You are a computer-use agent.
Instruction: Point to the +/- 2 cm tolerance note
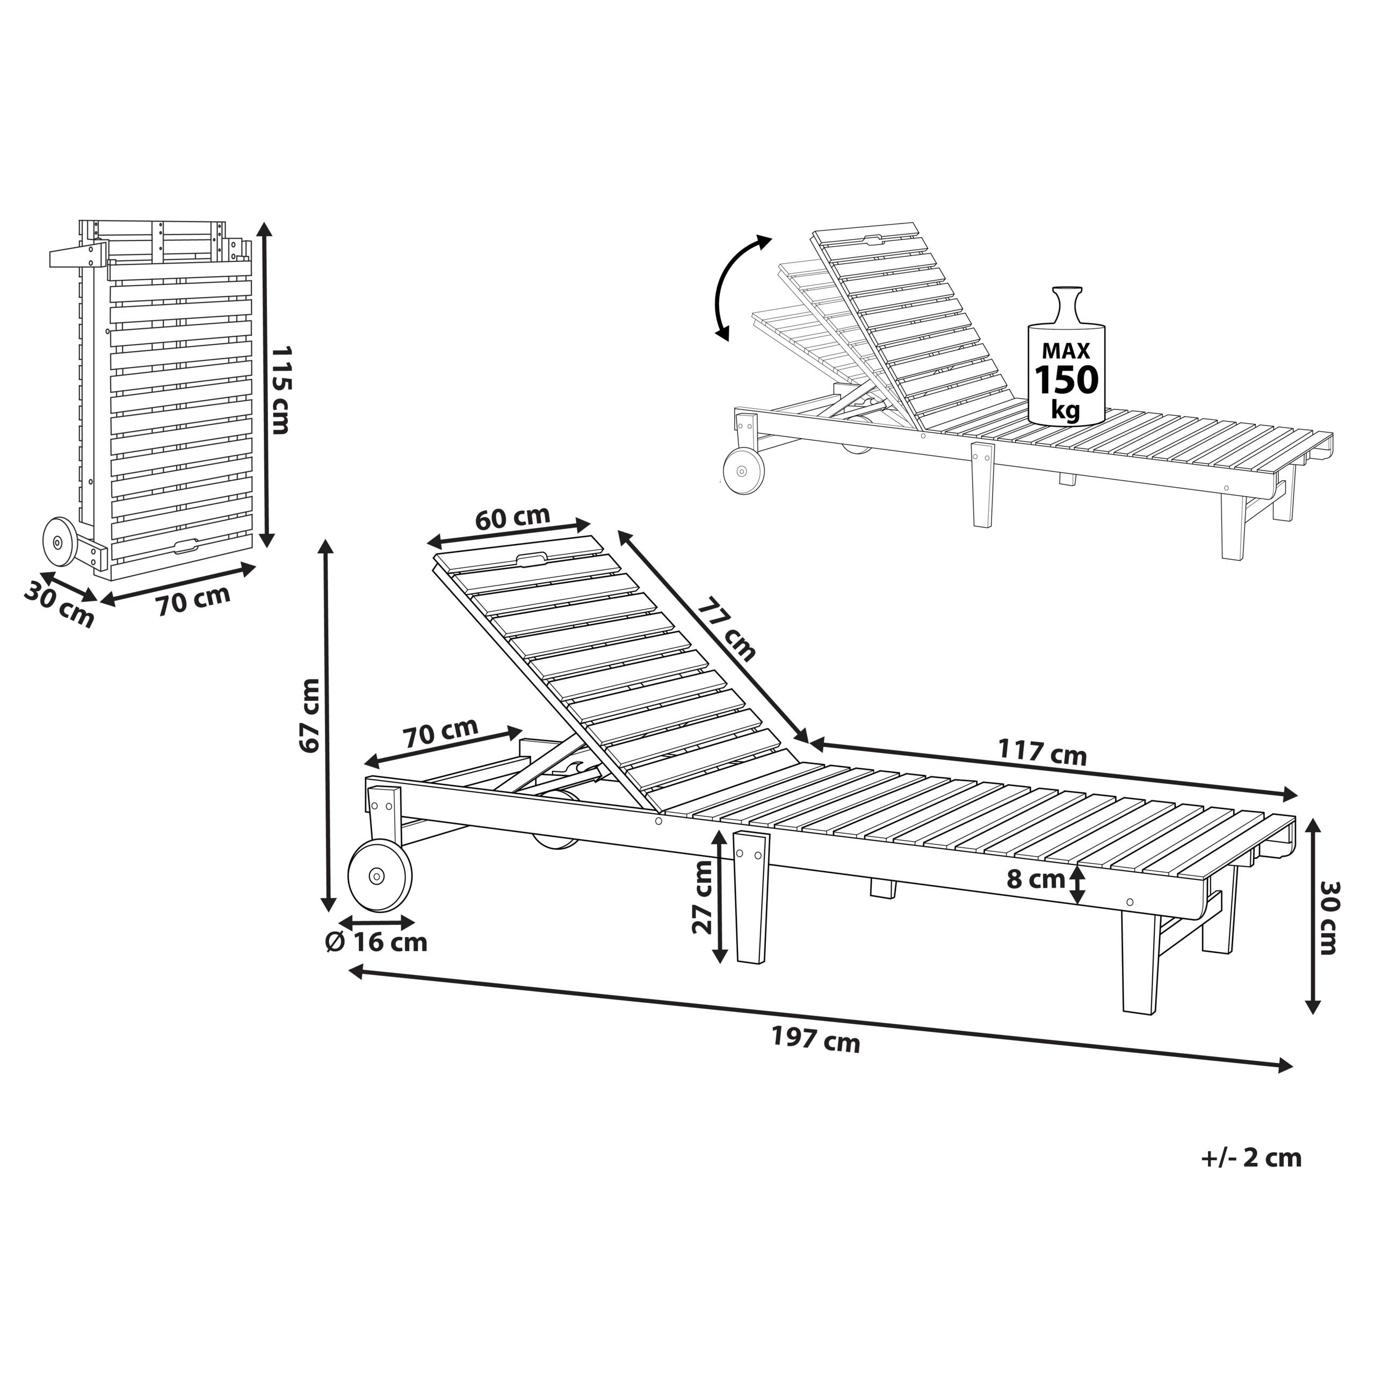coord(1251,1158)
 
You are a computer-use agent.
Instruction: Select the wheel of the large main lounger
coord(379,875)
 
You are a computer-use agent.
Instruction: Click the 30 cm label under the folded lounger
coord(59,605)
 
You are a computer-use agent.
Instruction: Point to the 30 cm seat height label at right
coord(1329,917)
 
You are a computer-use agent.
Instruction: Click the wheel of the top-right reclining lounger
coord(743,470)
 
